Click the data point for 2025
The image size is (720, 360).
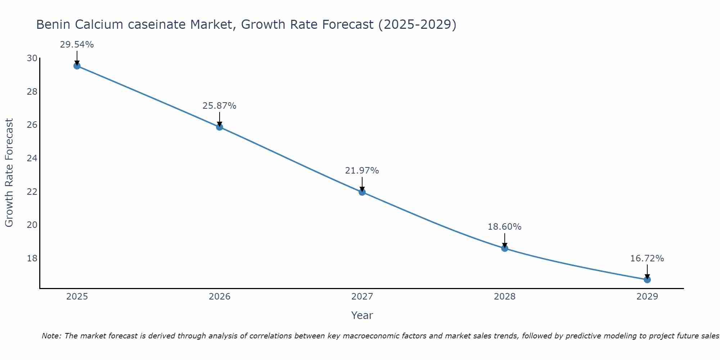[x=77, y=66]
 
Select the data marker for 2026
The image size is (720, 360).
[x=220, y=127]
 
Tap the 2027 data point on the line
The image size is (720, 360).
[x=362, y=192]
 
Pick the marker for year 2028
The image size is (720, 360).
[x=505, y=248]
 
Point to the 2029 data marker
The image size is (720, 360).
[x=647, y=279]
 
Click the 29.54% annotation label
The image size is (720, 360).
[x=77, y=45]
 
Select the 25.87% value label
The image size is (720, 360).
[x=219, y=106]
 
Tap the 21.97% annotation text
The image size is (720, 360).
[x=362, y=171]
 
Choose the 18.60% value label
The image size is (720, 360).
[x=504, y=227]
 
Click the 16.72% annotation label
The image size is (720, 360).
[x=647, y=258]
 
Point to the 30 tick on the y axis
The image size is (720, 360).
[x=32, y=58]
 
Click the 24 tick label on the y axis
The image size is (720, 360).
[x=32, y=158]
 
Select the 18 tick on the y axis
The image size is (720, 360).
[x=32, y=258]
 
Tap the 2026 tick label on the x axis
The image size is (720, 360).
[x=220, y=297]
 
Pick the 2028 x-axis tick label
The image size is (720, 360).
[x=505, y=297]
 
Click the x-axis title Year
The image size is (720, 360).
[x=362, y=315]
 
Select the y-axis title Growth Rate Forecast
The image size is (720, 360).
[x=9, y=173]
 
